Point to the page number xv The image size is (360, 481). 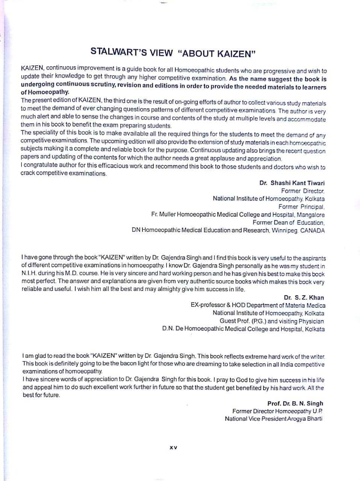[173, 448]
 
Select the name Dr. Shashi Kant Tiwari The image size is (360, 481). [292, 183]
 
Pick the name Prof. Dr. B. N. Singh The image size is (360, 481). [295, 404]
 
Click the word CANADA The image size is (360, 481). [313, 230]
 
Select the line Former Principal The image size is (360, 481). [301, 207]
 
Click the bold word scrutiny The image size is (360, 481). [100, 85]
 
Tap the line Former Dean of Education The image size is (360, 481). [289, 222]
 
